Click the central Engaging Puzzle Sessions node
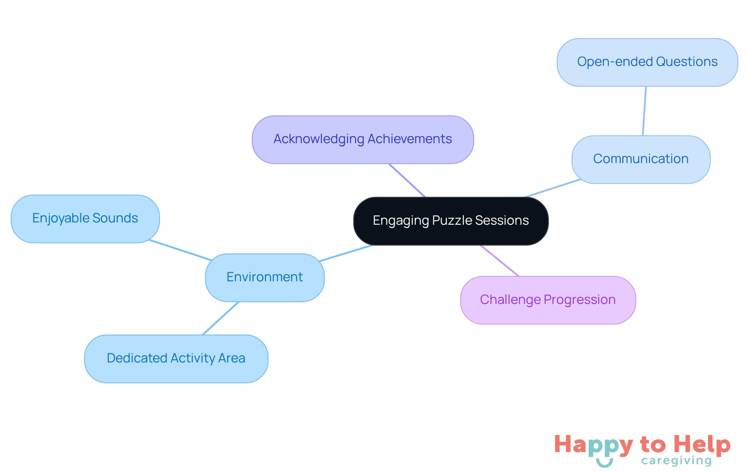point(451,221)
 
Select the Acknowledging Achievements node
point(362,139)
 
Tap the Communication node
point(641,159)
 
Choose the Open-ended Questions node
point(647,62)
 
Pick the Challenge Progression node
point(548,300)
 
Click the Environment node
point(264,277)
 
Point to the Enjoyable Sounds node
point(85,218)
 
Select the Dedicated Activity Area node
point(176,358)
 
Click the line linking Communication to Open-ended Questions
point(644,111)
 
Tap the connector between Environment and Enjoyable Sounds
point(180,250)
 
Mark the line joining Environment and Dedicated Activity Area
point(220,318)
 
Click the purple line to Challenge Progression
point(500,261)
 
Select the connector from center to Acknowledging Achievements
point(407,180)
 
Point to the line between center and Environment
point(346,253)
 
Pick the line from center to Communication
point(552,188)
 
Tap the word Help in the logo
point(702,444)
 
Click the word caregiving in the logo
point(676,461)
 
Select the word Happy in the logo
point(593,445)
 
